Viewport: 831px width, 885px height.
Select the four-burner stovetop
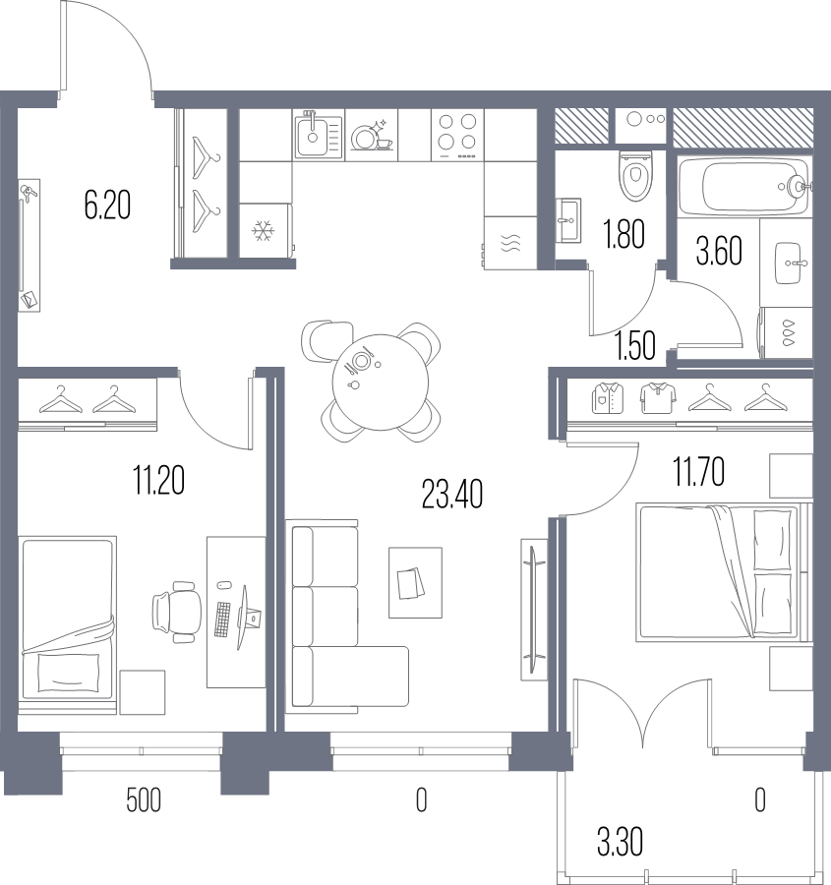(457, 133)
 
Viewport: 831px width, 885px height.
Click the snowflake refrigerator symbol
(263, 232)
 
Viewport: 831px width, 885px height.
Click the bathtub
(744, 186)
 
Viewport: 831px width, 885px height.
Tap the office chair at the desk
(175, 611)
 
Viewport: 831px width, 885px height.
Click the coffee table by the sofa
(414, 582)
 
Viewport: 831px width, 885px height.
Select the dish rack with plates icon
(370, 136)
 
